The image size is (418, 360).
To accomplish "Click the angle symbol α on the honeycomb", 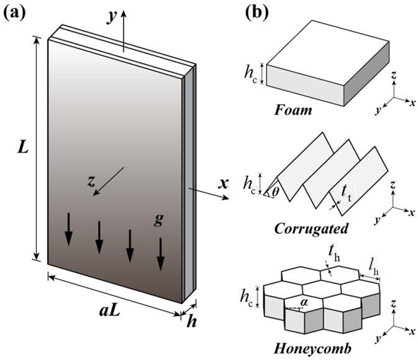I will pyautogui.click(x=304, y=302).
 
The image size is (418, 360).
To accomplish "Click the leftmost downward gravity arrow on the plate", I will pyautogui.click(x=68, y=228).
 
